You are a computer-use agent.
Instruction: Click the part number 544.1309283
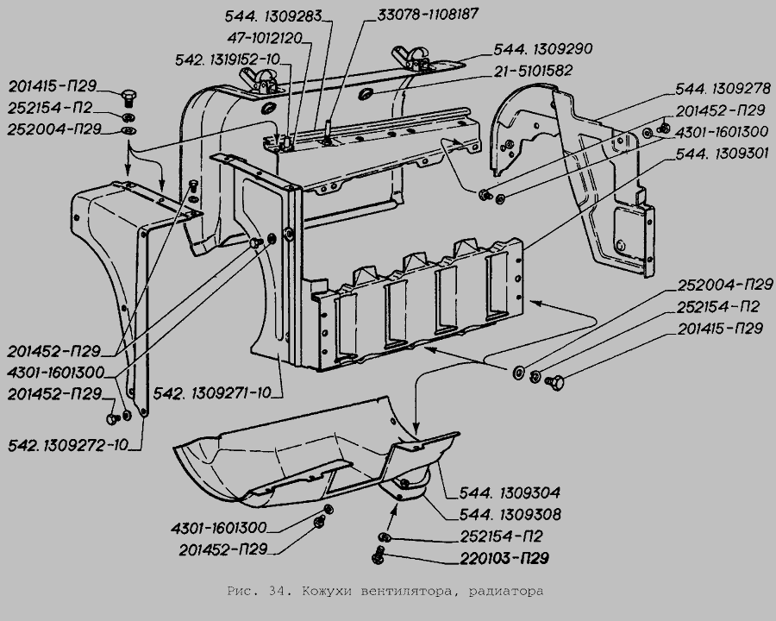point(273,16)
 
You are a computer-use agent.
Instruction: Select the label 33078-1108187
point(428,14)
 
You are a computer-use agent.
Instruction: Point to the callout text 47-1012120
point(265,38)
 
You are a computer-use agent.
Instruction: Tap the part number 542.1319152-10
point(228,60)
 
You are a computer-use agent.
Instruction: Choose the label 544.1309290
point(543,49)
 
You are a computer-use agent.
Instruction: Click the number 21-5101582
point(533,71)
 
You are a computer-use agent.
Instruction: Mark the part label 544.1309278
point(723,89)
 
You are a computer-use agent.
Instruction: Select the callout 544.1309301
point(723,154)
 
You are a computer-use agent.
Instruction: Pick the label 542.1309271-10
point(212,392)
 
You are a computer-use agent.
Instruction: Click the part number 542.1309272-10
point(68,445)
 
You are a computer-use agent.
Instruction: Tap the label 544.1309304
point(510,492)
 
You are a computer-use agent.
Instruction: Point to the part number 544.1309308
point(510,515)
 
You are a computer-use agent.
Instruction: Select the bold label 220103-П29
point(504,558)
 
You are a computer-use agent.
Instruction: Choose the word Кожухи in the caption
point(325,591)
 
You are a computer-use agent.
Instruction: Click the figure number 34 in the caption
point(276,591)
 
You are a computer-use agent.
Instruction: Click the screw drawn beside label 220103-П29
point(379,555)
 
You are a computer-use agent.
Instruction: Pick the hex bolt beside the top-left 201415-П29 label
point(128,99)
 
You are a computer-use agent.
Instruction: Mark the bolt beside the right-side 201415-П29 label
point(554,382)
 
